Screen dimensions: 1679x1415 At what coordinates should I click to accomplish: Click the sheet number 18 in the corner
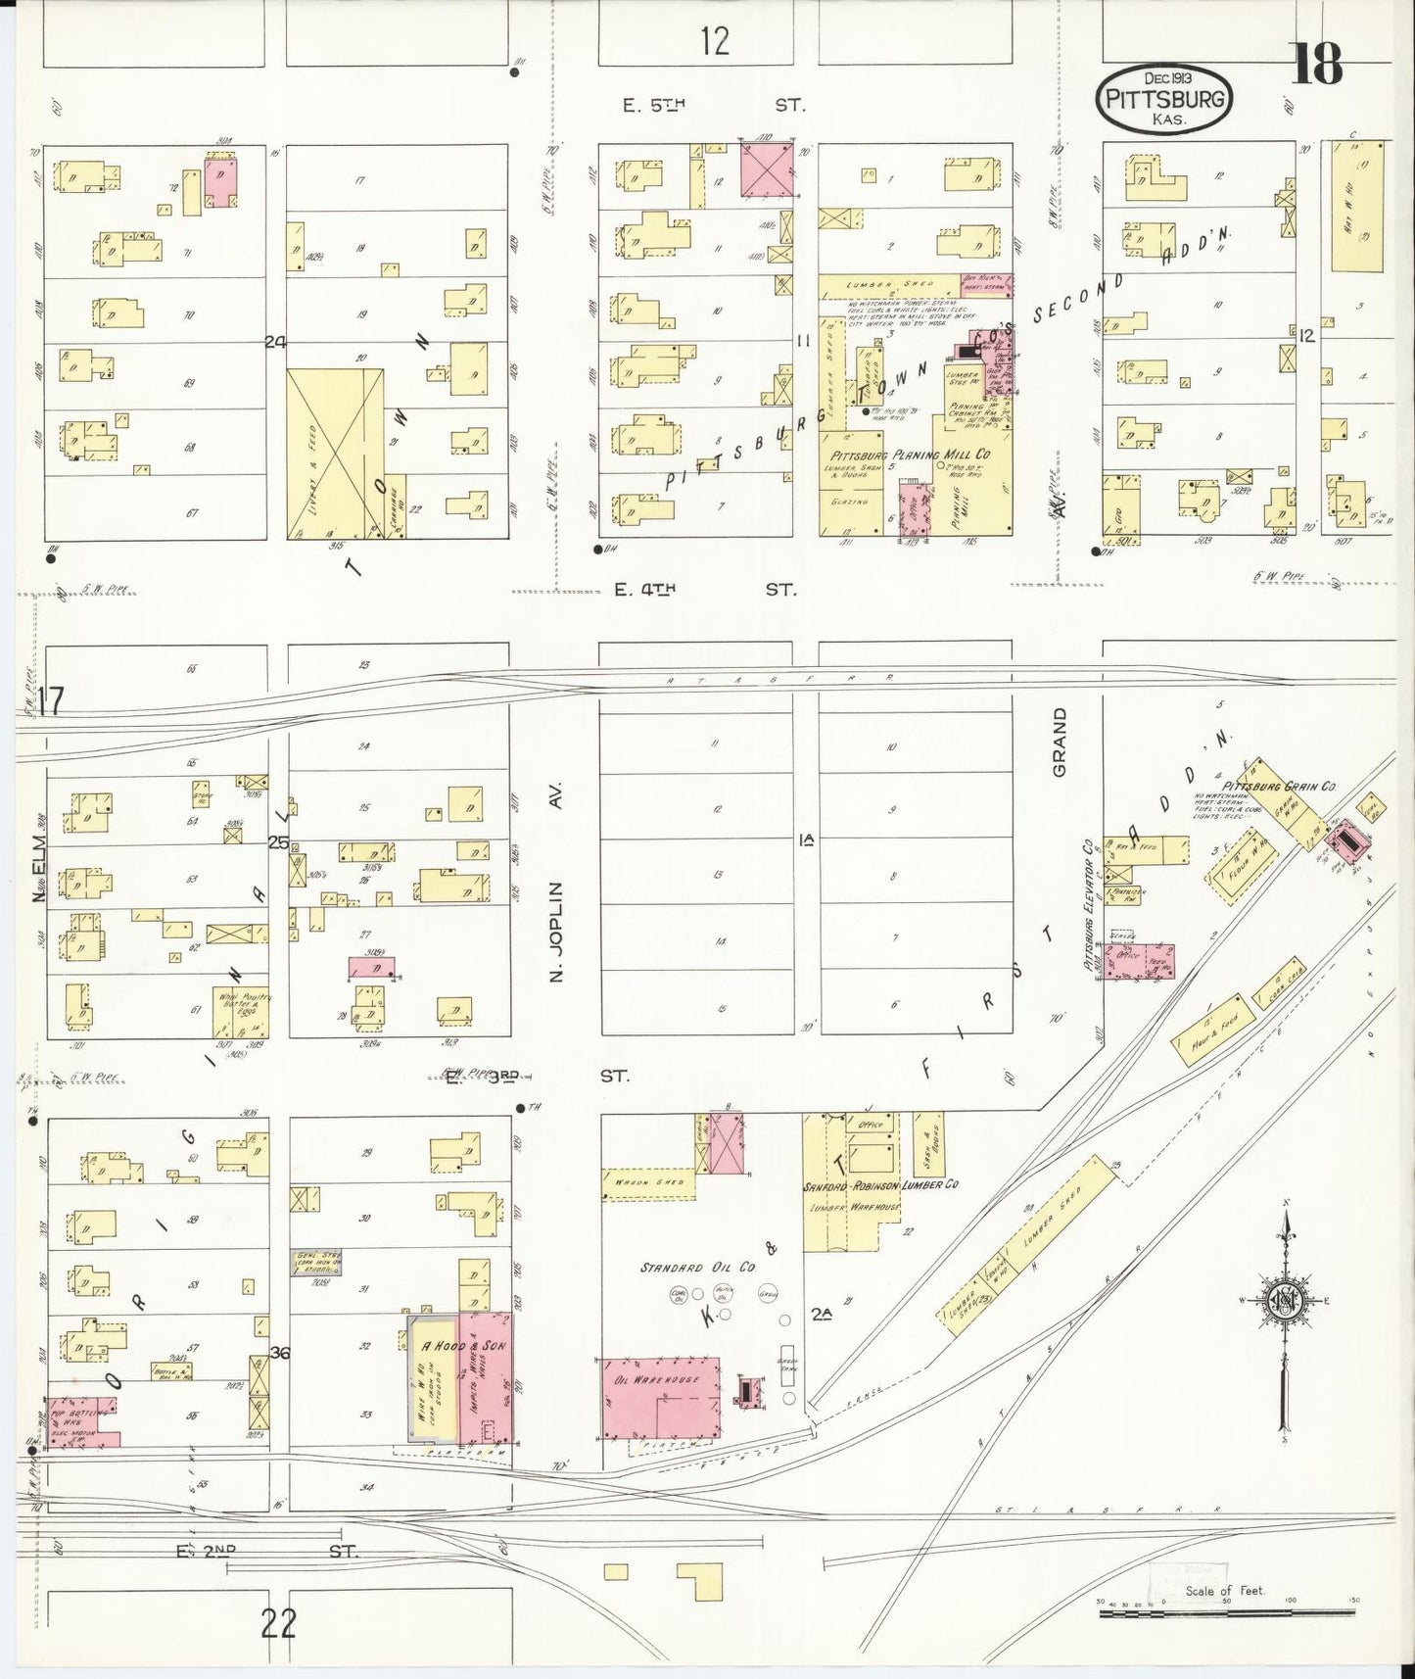[x=1317, y=64]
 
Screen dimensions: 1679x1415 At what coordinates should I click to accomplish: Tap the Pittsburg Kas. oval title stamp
[x=1163, y=98]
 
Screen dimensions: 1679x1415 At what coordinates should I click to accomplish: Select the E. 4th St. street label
[x=705, y=590]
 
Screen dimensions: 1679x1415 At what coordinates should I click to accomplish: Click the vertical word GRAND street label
[x=1059, y=742]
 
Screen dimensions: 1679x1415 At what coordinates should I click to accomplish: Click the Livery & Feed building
[x=334, y=454]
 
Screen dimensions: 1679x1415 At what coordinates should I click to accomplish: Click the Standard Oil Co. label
[x=698, y=1267]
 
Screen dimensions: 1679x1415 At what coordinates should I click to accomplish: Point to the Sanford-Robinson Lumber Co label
[x=879, y=1184]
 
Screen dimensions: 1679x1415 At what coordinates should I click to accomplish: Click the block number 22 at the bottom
[x=279, y=1624]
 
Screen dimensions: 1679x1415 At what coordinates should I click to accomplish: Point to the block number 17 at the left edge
[x=51, y=701]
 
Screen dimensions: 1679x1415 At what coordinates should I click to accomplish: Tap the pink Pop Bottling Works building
[x=82, y=1422]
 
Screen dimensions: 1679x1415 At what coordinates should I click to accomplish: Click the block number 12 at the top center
[x=715, y=41]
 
